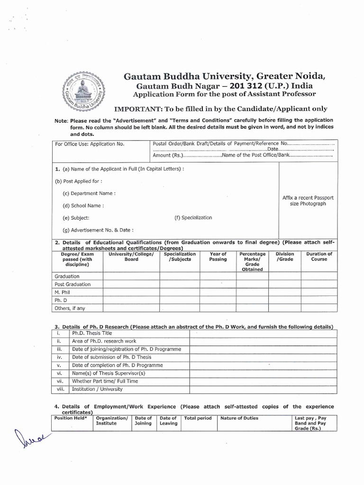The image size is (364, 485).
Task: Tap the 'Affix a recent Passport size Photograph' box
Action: click(308, 200)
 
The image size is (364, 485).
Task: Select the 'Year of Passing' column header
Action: click(218, 257)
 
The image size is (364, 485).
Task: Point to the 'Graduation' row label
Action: click(67, 276)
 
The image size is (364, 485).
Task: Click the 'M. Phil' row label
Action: click(63, 293)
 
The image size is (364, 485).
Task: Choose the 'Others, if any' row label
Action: click(70, 309)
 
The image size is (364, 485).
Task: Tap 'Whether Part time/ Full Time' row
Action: click(105, 381)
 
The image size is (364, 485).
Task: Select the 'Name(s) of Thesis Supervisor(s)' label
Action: click(108, 373)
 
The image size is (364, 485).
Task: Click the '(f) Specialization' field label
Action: click(193, 218)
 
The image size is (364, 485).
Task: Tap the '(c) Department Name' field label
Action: click(89, 193)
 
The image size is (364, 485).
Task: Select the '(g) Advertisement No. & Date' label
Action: click(98, 230)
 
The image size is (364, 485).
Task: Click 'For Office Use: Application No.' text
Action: click(90, 144)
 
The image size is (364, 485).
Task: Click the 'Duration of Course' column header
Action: click(319, 257)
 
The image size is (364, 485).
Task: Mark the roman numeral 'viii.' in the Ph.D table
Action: click(60, 389)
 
